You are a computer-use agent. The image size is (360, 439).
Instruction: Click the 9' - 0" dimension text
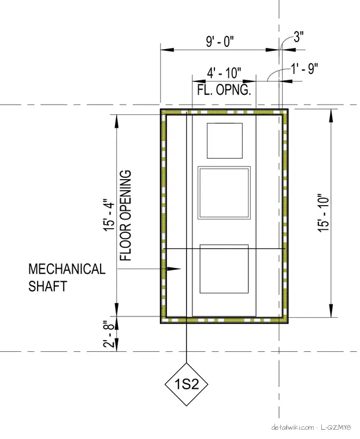pos(220,42)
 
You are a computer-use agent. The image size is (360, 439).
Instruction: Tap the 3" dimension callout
pos(299,36)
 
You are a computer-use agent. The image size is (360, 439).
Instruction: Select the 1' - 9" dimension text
pos(305,69)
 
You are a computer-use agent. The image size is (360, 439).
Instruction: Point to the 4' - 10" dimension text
pos(224,73)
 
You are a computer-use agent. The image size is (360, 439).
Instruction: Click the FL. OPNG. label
pos(224,90)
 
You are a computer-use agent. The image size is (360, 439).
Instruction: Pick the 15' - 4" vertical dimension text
pos(109,215)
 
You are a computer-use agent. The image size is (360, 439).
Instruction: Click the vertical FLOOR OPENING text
pos(126,215)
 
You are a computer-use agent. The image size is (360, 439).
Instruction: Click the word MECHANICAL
pos(67,269)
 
